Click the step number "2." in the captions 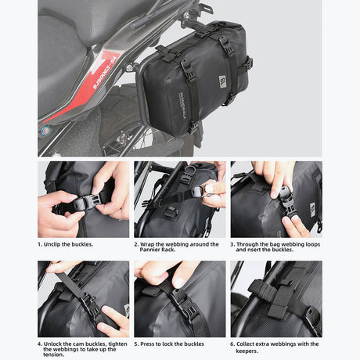tap(137, 244)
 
